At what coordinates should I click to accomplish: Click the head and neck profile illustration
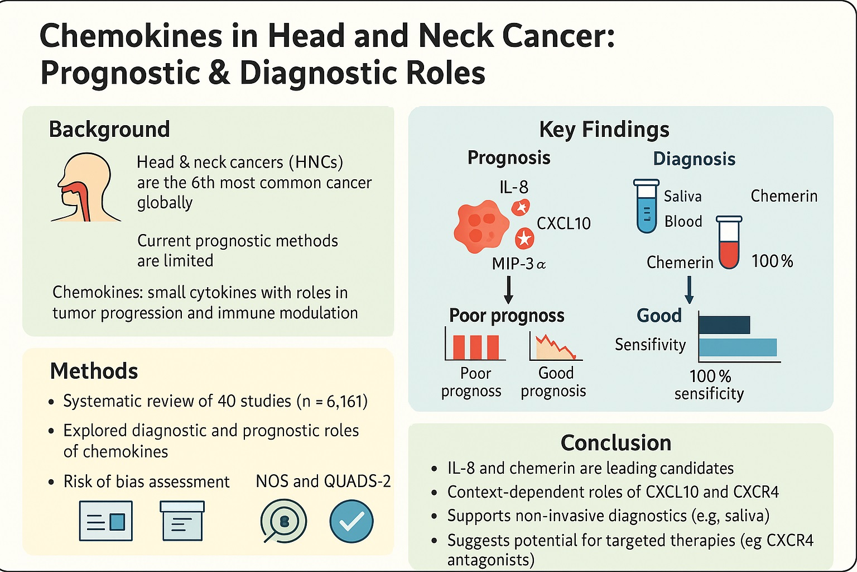[x=86, y=187]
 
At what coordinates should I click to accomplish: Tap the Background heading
[x=109, y=129]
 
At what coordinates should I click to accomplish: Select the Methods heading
[x=94, y=371]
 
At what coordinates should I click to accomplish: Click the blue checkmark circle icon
[x=351, y=521]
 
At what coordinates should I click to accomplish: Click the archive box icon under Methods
[x=182, y=521]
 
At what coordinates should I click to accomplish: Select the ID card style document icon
[x=106, y=521]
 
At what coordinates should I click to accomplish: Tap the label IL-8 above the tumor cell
[x=514, y=187]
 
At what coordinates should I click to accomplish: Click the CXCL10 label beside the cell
[x=564, y=223]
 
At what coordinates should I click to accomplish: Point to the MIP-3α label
[x=519, y=264]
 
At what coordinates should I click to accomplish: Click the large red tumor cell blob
[x=482, y=226]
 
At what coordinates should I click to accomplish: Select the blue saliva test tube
[x=647, y=206]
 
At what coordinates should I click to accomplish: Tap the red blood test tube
[x=729, y=242]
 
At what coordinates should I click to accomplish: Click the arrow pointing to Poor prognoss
[x=508, y=290]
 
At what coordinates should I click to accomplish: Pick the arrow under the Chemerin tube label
[x=690, y=290]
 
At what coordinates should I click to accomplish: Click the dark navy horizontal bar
[x=724, y=325]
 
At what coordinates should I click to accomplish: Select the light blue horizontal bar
[x=738, y=347]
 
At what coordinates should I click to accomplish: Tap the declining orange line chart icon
[x=556, y=347]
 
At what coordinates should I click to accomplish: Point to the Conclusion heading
[x=616, y=443]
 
